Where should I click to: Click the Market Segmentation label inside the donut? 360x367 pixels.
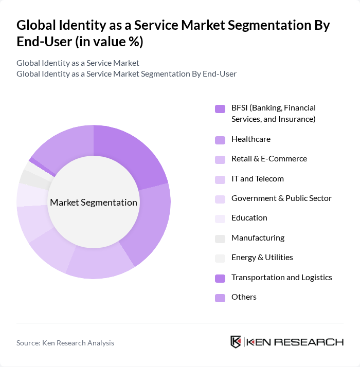click(x=94, y=203)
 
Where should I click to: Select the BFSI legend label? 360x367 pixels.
click(x=273, y=114)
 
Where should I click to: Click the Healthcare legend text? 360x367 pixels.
click(x=250, y=139)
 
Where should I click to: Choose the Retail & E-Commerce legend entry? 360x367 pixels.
click(x=269, y=159)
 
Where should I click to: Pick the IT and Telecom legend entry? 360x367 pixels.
click(x=257, y=179)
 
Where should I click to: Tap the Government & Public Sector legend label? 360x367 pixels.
click(x=281, y=198)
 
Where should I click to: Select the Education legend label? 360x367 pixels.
click(x=249, y=218)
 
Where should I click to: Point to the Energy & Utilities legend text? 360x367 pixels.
click(x=262, y=258)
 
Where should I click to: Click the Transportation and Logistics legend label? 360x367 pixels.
click(x=281, y=278)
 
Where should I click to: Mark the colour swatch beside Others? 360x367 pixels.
click(x=220, y=298)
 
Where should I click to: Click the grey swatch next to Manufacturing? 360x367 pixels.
click(x=220, y=238)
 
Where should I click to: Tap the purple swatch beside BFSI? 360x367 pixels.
click(x=220, y=109)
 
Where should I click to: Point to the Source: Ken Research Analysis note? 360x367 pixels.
click(x=65, y=343)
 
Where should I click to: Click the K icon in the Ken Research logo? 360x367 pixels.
click(x=236, y=342)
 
